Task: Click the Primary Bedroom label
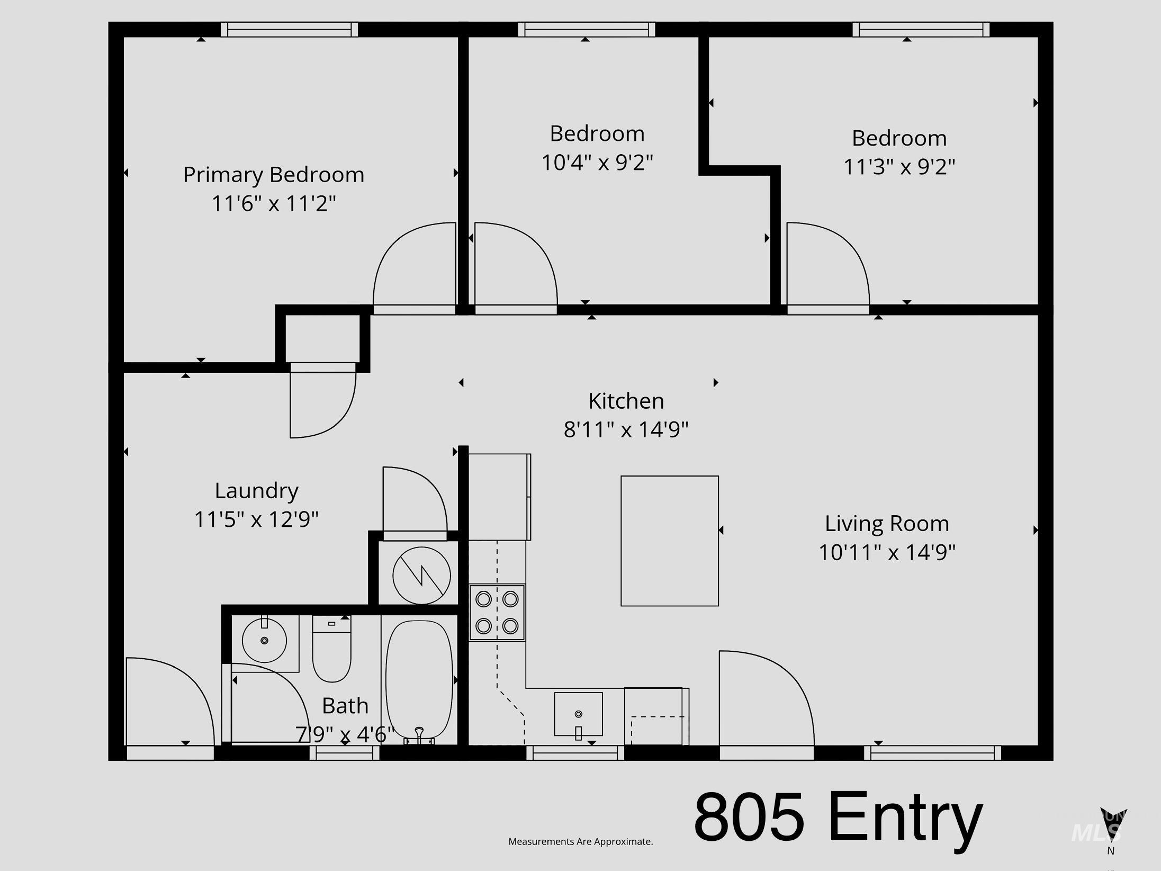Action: pos(274,175)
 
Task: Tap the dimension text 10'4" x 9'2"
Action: pos(597,162)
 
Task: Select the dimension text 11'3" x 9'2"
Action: pos(899,167)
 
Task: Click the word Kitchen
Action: pos(626,401)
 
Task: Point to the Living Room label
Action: pos(887,524)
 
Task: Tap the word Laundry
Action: pos(257,491)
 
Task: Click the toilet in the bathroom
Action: pos(332,649)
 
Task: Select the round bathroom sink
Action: pos(265,640)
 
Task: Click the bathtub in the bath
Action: pos(419,680)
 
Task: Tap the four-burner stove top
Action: pos(497,613)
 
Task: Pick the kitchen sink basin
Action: pos(578,714)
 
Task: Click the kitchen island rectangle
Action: pos(670,541)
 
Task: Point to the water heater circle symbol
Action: pos(421,576)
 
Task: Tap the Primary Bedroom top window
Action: pos(289,30)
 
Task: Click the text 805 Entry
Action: pos(838,818)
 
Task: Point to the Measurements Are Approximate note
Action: pos(581,841)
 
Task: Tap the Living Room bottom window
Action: pos(932,752)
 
